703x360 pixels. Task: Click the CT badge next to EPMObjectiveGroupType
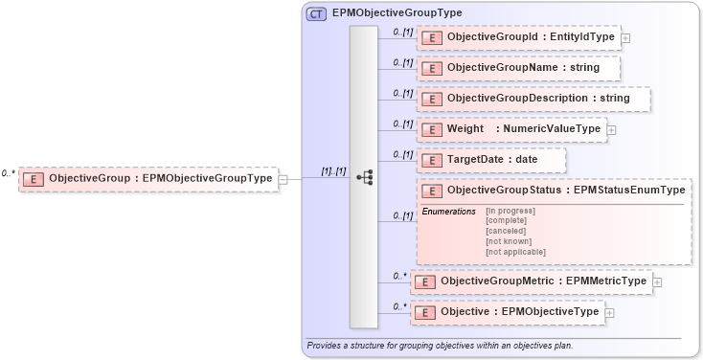click(315, 13)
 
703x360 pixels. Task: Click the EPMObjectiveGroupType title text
click(397, 13)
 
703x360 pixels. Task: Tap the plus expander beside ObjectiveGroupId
click(625, 38)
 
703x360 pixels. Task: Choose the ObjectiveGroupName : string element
click(517, 68)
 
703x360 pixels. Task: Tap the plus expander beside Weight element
click(612, 130)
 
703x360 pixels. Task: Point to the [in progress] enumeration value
click(510, 211)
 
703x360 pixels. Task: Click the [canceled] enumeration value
click(506, 231)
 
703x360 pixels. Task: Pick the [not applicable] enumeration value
click(515, 252)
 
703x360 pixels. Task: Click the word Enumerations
click(448, 211)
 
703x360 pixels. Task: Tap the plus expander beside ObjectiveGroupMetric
click(658, 282)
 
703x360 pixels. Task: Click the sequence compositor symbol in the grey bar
click(364, 177)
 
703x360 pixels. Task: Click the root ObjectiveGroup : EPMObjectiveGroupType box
click(148, 178)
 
